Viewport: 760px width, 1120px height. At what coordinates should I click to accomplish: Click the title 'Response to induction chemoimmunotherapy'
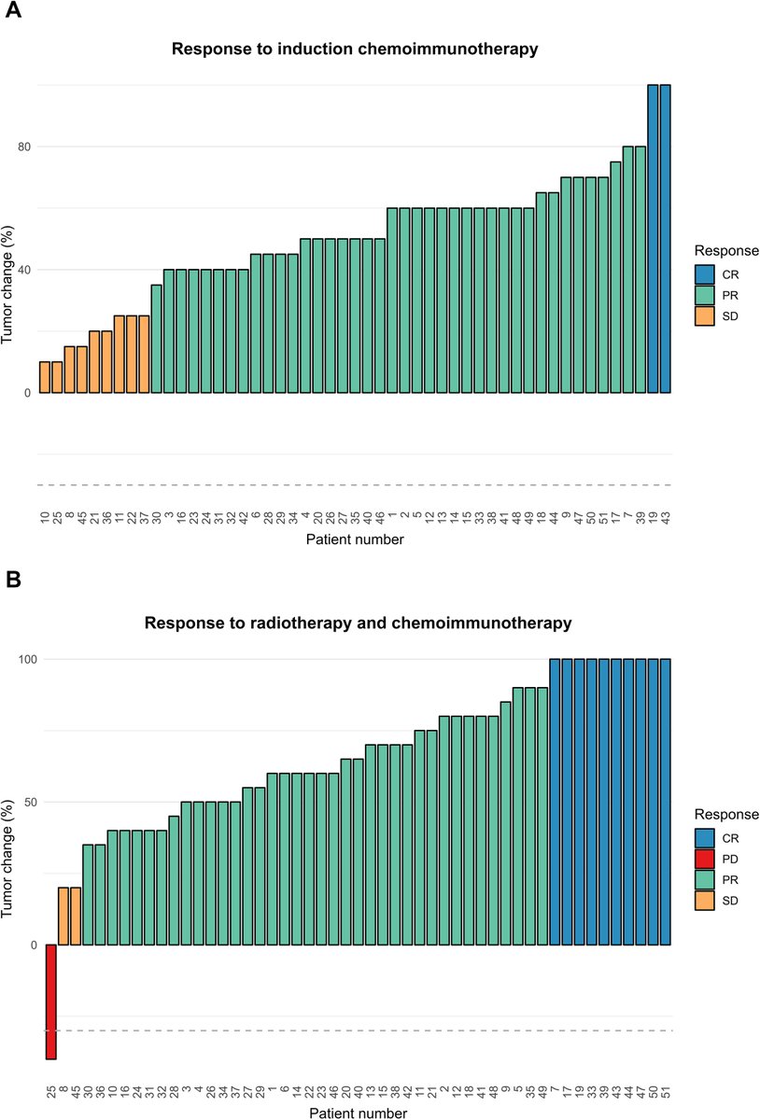[x=355, y=49]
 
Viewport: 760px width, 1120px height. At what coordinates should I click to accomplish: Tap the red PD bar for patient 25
[x=50, y=1001]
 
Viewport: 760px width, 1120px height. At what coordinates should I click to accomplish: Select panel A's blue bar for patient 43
[x=665, y=238]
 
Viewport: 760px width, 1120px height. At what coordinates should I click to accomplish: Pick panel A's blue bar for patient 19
[x=653, y=238]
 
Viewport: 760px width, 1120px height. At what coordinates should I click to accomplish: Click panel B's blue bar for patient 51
[x=665, y=803]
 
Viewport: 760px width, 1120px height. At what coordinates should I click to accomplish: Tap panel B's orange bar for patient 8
[x=63, y=916]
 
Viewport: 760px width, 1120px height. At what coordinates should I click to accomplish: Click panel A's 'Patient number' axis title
[x=355, y=539]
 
